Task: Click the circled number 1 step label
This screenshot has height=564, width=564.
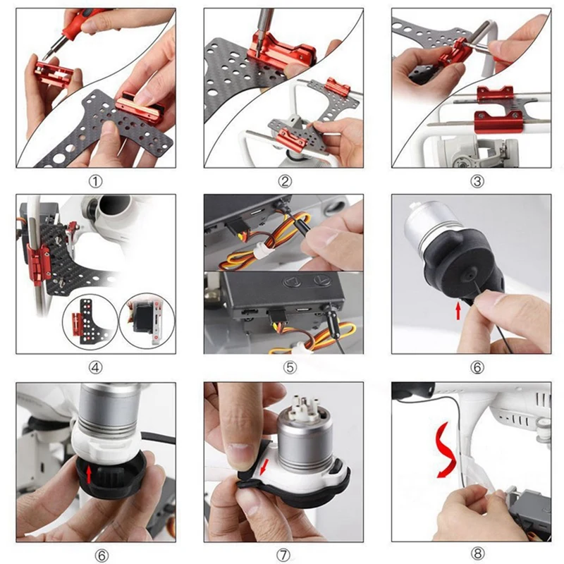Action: pyautogui.click(x=95, y=181)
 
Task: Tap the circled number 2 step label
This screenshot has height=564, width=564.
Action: pyautogui.click(x=285, y=181)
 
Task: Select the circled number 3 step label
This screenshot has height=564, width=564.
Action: pyautogui.click(x=477, y=181)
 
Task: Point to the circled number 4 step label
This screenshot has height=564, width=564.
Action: pyautogui.click(x=95, y=367)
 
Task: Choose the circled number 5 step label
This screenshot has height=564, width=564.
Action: pyautogui.click(x=290, y=367)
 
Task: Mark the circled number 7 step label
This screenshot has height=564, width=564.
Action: pyautogui.click(x=283, y=555)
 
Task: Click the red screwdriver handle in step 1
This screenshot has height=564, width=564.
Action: pyautogui.click(x=78, y=25)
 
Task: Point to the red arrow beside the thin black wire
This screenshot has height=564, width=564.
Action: pyautogui.click(x=458, y=311)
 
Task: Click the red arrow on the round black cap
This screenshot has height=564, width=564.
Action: pyautogui.click(x=89, y=474)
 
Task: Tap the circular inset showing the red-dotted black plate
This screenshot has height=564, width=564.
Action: pyautogui.click(x=90, y=321)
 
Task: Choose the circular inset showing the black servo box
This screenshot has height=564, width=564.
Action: pyautogui.click(x=147, y=321)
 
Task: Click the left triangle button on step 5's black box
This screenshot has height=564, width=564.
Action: pyautogui.click(x=292, y=281)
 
